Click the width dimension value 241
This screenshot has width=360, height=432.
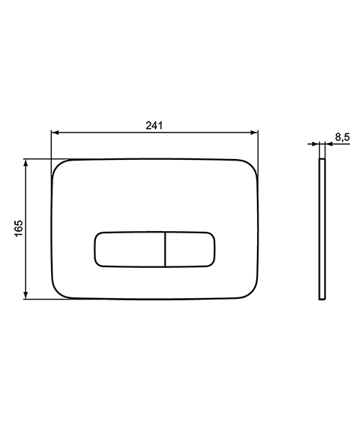(x=153, y=125)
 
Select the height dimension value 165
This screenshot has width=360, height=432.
(x=19, y=228)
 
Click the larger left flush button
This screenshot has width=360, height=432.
(x=130, y=248)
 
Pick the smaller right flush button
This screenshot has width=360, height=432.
(x=191, y=248)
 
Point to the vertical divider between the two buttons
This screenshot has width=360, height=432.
(x=166, y=248)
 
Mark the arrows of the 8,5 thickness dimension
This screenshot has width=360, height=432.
(x=321, y=144)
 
